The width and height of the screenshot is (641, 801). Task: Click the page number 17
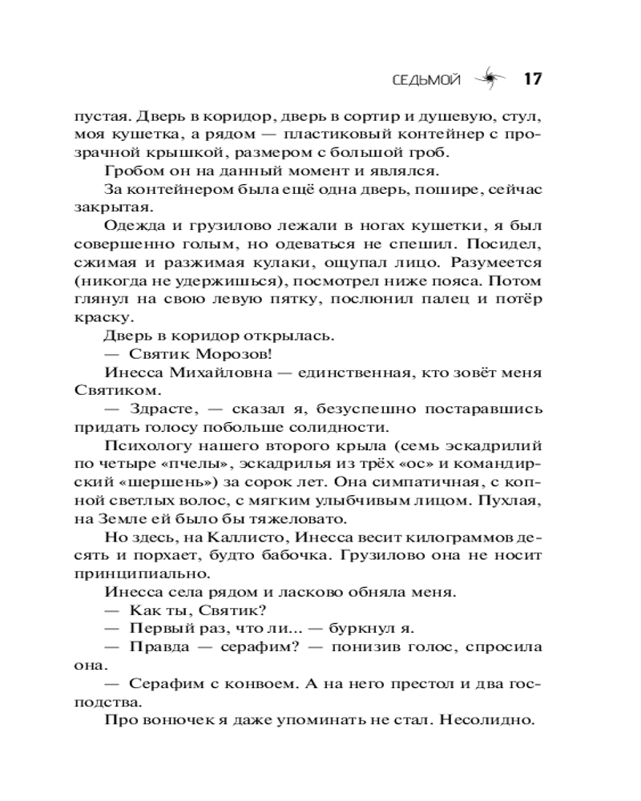534,78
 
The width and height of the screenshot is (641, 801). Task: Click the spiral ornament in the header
487,78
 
